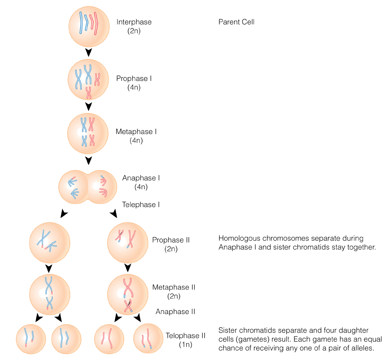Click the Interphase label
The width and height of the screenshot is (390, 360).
pyautogui.click(x=134, y=22)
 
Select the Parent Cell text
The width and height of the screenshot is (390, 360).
pyautogui.click(x=236, y=22)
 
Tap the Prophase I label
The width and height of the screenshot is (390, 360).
pyautogui.click(x=134, y=79)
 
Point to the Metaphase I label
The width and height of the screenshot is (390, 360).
pyautogui.click(x=136, y=132)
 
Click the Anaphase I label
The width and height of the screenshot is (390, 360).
pyautogui.click(x=141, y=178)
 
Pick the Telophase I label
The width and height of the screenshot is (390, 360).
pyautogui.click(x=141, y=205)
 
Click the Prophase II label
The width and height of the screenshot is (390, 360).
pyautogui.click(x=171, y=240)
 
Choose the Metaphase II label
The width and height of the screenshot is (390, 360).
pyautogui.click(x=174, y=287)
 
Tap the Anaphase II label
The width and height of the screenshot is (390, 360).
pyautogui.click(x=175, y=312)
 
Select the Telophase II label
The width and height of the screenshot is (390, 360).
pyautogui.click(x=185, y=336)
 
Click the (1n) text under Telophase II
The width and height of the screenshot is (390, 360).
pyautogui.click(x=185, y=345)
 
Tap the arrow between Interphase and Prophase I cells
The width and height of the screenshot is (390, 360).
pyautogui.click(x=88, y=52)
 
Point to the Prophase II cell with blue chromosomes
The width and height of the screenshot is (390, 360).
pyautogui.click(x=49, y=242)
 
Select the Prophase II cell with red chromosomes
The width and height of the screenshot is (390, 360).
pyautogui.click(x=127, y=242)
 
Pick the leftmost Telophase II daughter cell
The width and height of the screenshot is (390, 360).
pyautogui.click(x=31, y=339)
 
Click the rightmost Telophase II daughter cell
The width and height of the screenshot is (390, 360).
pyautogui.click(x=148, y=339)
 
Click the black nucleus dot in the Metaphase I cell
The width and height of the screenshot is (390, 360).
pyautogui.click(x=81, y=132)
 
